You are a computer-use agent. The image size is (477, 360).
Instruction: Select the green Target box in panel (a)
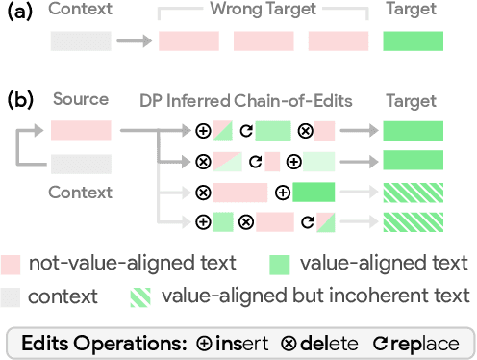[x=413, y=42]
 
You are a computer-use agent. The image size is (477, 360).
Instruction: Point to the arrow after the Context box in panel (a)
[x=135, y=42]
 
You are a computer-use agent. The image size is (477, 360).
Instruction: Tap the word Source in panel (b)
[x=81, y=99]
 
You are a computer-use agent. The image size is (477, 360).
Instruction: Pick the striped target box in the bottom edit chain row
[x=413, y=223]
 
